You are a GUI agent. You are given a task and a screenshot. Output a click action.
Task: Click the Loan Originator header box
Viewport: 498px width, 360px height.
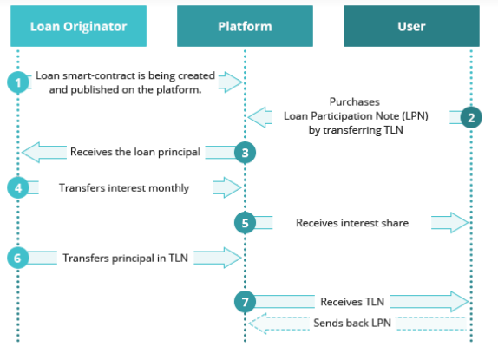(78, 26)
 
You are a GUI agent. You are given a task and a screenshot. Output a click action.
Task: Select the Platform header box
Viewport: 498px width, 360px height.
(245, 26)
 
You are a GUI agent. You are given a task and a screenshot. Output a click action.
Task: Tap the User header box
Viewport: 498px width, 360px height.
(411, 26)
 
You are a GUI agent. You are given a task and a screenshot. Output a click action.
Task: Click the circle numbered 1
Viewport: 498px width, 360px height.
(18, 82)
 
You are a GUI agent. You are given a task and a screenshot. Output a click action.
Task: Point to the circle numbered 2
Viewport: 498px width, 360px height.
(471, 117)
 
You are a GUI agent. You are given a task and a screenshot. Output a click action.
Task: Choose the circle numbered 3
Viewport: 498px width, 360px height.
(245, 153)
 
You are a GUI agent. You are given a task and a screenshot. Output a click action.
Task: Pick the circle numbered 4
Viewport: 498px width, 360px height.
(18, 187)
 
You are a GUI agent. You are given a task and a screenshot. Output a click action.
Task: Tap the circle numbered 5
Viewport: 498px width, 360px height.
(245, 223)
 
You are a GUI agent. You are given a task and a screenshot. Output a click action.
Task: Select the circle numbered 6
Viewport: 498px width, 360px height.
(18, 258)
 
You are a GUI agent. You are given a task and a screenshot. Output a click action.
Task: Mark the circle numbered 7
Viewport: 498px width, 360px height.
(245, 302)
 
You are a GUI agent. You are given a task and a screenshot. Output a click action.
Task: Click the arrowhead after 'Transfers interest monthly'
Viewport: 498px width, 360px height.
(233, 187)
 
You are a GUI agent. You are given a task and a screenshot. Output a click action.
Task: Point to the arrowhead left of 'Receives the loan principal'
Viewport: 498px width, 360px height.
(31, 153)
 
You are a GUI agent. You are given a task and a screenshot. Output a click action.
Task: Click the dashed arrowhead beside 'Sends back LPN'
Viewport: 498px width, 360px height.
(258, 324)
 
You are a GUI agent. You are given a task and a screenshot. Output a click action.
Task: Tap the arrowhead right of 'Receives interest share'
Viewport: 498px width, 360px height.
(459, 223)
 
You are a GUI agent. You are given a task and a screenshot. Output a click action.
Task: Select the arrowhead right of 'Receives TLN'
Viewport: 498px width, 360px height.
(459, 301)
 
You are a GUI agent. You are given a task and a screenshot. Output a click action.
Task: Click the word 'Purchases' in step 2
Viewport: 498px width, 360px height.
(355, 101)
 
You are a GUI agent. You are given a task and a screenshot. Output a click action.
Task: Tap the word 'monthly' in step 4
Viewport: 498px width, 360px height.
(168, 188)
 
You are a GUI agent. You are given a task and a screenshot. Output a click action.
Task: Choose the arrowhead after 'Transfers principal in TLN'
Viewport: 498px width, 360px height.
(233, 258)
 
